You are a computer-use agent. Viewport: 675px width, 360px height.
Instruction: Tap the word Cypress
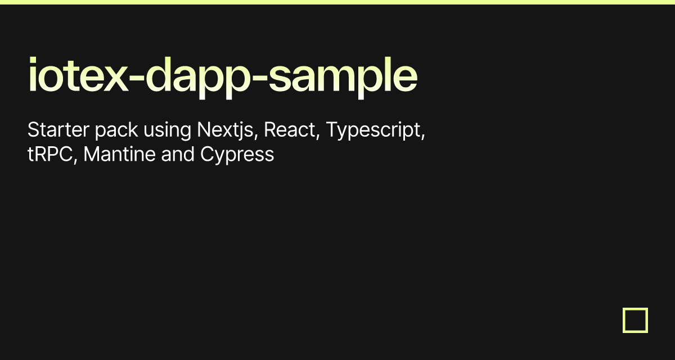point(237,155)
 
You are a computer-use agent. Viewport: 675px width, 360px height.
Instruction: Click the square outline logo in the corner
point(635,320)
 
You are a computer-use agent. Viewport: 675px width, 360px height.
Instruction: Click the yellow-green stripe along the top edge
point(337,2)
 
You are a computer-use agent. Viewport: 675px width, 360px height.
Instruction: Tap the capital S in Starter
point(33,130)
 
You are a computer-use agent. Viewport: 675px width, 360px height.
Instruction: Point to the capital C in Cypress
point(206,154)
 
